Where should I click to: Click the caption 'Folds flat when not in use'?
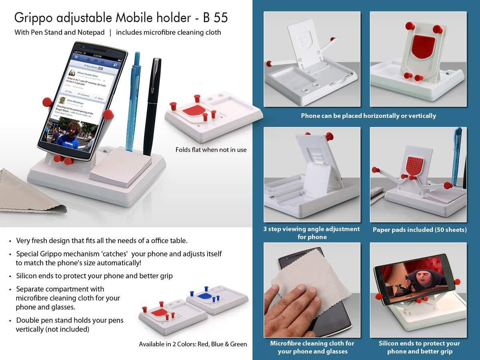click(x=211, y=150)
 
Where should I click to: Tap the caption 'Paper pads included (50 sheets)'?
click(x=420, y=230)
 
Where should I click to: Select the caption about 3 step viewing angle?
click(x=312, y=233)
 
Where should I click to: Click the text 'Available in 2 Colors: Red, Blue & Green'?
click(x=193, y=344)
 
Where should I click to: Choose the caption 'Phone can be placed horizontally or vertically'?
click(x=368, y=116)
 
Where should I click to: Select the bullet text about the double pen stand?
click(x=69, y=325)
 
